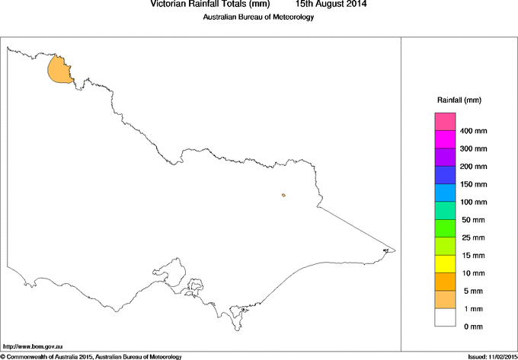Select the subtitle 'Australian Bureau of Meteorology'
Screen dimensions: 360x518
coord(258,18)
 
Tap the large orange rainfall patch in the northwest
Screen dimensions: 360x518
coord(59,70)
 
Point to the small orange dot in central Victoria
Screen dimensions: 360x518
coord(283,195)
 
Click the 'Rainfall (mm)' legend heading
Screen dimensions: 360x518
coord(459,100)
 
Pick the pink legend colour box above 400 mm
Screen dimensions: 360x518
coord(446,122)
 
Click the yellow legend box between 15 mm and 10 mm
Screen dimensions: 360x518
coord(446,263)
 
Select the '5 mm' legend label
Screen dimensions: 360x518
coord(474,291)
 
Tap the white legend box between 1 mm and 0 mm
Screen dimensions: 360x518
coord(446,317)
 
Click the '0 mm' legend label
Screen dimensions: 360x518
coord(474,327)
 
